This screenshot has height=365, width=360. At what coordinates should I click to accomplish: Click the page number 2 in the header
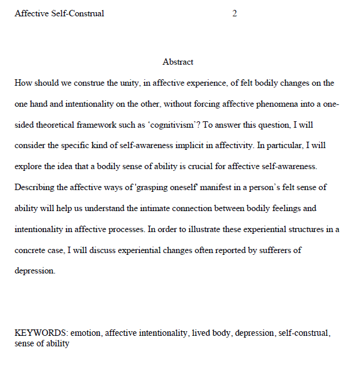(235, 13)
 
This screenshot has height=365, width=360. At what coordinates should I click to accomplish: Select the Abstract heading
(178, 62)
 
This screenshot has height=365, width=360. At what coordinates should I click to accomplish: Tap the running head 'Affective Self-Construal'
(59, 13)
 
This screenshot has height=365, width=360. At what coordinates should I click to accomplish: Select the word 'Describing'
(34, 187)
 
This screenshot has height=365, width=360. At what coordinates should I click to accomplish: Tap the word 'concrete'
(31, 250)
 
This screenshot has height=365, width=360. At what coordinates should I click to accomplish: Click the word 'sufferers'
(270, 250)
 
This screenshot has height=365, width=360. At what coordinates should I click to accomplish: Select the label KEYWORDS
(41, 334)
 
